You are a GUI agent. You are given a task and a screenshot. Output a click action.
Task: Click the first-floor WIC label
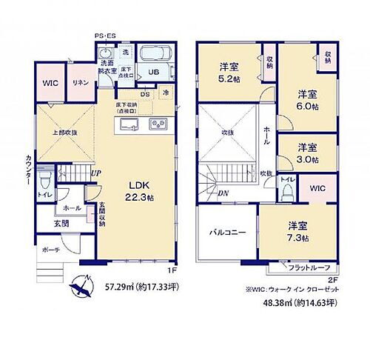click(50, 84)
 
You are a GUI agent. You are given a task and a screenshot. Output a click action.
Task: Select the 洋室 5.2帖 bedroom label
click(229, 72)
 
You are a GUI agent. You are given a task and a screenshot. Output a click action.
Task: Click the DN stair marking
click(223, 194)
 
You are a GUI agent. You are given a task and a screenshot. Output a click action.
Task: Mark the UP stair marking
click(96, 173)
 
